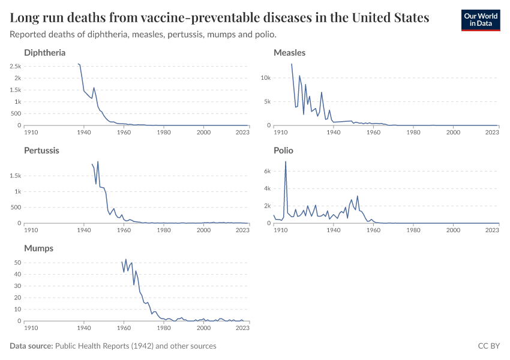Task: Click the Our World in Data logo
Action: pyautogui.click(x=480, y=19)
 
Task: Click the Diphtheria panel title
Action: pyautogui.click(x=45, y=53)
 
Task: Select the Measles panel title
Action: pyautogui.click(x=289, y=53)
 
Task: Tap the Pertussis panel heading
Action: pyautogui.click(x=41, y=151)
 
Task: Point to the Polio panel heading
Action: pyautogui.click(x=283, y=151)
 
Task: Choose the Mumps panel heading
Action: pyautogui.click(x=38, y=248)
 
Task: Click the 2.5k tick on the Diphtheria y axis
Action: pyautogui.click(x=14, y=66)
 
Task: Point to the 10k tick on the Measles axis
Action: pyautogui.click(x=265, y=78)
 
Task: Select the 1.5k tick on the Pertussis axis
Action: pyautogui.click(x=14, y=176)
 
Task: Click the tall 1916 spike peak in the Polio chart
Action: pyautogui.click(x=286, y=161)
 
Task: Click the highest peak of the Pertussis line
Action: pyautogui.click(x=98, y=161)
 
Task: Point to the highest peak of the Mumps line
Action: pyautogui.click(x=125, y=259)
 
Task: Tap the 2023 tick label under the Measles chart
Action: pyautogui.click(x=492, y=131)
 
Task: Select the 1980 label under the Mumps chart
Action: pyautogui.click(x=164, y=328)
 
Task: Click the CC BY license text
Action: pyautogui.click(x=488, y=346)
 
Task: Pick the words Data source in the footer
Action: pyautogui.click(x=31, y=346)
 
